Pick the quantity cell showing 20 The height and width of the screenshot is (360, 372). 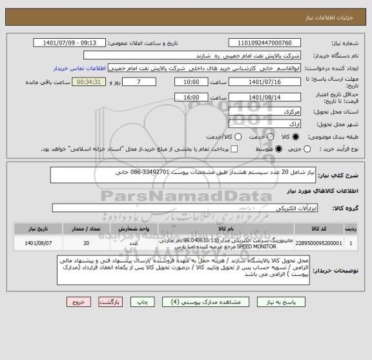coord(87,244)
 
